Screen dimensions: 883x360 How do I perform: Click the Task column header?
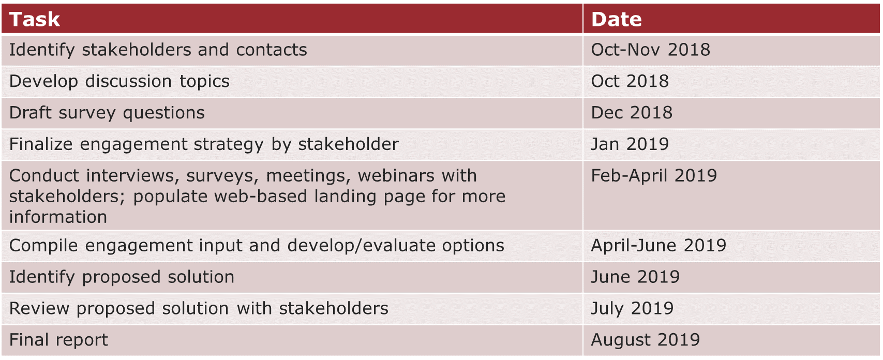click(34, 19)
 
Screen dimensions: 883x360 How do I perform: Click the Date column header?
click(617, 19)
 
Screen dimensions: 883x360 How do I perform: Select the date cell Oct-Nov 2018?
click(650, 50)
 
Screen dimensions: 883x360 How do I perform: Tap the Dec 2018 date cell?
click(632, 113)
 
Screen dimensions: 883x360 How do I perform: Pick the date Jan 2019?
click(630, 144)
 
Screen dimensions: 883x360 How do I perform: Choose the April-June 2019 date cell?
click(658, 246)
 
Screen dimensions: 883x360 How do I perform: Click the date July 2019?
click(632, 309)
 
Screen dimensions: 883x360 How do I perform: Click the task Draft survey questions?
click(107, 113)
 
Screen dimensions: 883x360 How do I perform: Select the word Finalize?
click(41, 144)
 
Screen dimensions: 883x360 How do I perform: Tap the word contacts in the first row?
click(272, 50)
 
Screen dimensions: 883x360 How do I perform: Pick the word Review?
click(39, 309)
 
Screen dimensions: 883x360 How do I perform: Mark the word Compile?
click(43, 246)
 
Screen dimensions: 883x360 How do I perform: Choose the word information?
click(58, 217)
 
